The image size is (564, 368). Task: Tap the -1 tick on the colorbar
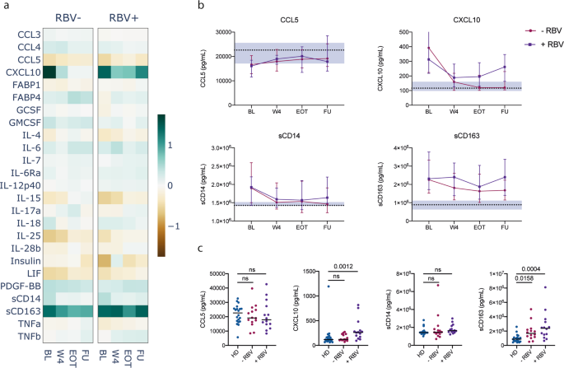pyautogui.click(x=195, y=225)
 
